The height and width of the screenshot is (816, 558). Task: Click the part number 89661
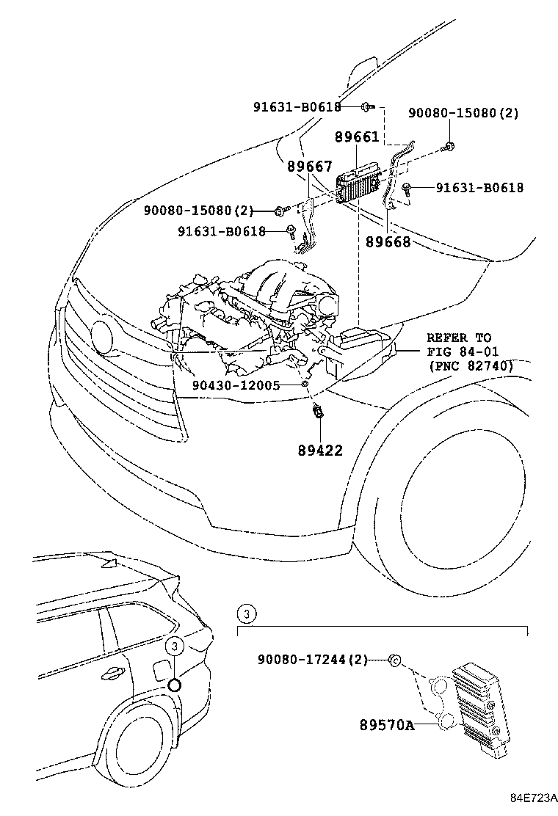[357, 137]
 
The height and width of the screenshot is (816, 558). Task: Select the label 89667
[309, 167]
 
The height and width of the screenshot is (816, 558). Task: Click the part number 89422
[320, 451]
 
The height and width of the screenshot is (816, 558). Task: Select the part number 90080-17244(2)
[312, 660]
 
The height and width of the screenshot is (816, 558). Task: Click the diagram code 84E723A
[535, 798]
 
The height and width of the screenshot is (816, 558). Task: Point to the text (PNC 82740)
[470, 365]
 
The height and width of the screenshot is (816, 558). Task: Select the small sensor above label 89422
[319, 412]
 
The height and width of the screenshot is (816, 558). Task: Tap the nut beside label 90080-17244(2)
[394, 660]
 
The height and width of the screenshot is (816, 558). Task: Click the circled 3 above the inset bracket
[247, 613]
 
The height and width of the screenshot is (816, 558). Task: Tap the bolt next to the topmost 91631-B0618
[366, 107]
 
